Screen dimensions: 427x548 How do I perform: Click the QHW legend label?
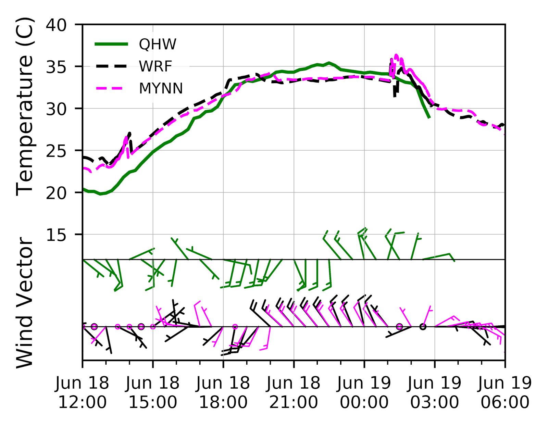click(158, 45)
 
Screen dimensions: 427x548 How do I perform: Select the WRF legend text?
click(155, 66)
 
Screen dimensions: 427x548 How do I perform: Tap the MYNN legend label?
click(161, 88)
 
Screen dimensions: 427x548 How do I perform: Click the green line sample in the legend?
click(111, 44)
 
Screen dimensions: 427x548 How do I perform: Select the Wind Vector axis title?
click(25, 303)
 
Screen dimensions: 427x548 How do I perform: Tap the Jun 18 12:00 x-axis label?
click(82, 392)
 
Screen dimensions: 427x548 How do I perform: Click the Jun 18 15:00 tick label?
click(153, 392)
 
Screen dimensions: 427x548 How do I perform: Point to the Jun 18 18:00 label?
click(223, 392)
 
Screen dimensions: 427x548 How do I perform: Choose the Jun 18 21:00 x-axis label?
click(294, 392)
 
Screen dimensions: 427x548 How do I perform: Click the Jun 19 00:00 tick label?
click(364, 392)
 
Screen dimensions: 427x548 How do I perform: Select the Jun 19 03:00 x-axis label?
click(435, 392)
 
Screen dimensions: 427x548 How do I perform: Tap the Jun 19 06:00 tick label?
click(505, 392)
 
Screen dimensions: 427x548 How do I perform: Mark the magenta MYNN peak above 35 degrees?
click(396, 55)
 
